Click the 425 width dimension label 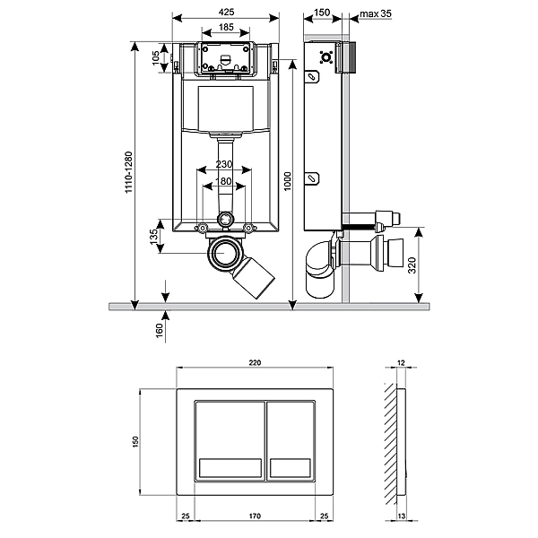(x=226, y=13)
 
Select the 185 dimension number (x=226, y=29)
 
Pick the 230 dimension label (x=223, y=165)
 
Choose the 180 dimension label (x=223, y=183)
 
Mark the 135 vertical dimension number (x=154, y=239)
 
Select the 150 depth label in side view (x=321, y=13)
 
